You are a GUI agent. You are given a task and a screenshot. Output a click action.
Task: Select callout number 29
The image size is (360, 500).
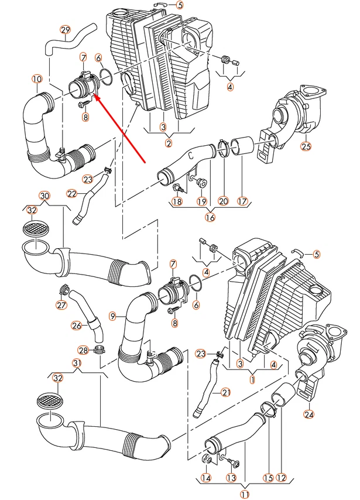tap(66, 30)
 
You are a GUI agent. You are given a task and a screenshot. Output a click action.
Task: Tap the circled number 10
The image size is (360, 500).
tap(37, 78)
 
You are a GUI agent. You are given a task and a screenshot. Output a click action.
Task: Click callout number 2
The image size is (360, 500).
tap(169, 142)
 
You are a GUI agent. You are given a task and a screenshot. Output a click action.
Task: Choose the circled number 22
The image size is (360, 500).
tap(71, 193)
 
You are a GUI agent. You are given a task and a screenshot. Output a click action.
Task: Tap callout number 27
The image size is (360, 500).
tap(61, 304)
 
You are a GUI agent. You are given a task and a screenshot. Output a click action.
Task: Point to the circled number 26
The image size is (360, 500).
tap(77, 325)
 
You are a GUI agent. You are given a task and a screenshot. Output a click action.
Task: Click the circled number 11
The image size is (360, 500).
tap(245, 495)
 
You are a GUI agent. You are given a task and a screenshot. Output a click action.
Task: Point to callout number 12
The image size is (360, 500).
tap(282, 478)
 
